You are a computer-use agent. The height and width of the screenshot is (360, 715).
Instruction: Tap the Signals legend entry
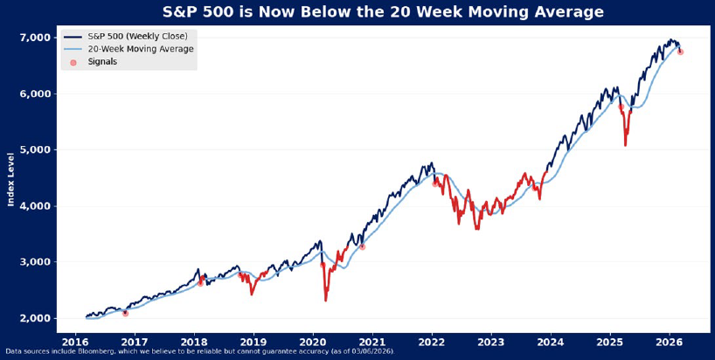click(102, 62)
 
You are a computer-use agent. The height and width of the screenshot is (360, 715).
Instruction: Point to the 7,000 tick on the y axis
click(36, 38)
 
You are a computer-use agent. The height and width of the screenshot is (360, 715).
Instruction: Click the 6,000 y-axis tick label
click(36, 93)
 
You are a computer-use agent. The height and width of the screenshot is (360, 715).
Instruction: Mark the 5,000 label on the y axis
click(36, 150)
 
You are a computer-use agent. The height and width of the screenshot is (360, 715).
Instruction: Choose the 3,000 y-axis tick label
click(36, 262)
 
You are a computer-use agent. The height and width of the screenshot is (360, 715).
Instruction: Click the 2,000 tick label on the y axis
click(36, 318)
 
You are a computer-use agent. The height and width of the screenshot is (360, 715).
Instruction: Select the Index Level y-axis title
click(11, 179)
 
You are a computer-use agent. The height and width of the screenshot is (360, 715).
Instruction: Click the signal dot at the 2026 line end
click(680, 52)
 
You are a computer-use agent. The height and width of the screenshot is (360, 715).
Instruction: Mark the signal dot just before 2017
click(125, 312)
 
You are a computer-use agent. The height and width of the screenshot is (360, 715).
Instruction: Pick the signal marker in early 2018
click(200, 282)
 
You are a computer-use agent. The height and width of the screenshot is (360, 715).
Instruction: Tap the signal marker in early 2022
click(435, 183)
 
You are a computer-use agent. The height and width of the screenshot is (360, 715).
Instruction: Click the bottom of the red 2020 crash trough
click(326, 301)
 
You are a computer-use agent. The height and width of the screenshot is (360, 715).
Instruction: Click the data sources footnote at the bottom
click(198, 351)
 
